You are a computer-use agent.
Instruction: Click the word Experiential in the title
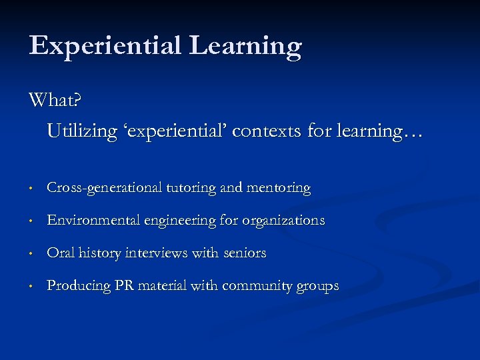(105, 46)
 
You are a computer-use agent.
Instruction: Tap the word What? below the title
(55, 101)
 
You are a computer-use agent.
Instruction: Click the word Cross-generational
(104, 189)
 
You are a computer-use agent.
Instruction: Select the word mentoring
(279, 189)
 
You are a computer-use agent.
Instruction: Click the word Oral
(61, 253)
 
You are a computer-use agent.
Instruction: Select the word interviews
(155, 253)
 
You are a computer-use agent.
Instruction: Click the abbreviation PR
(125, 286)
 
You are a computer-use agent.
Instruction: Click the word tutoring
(189, 189)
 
